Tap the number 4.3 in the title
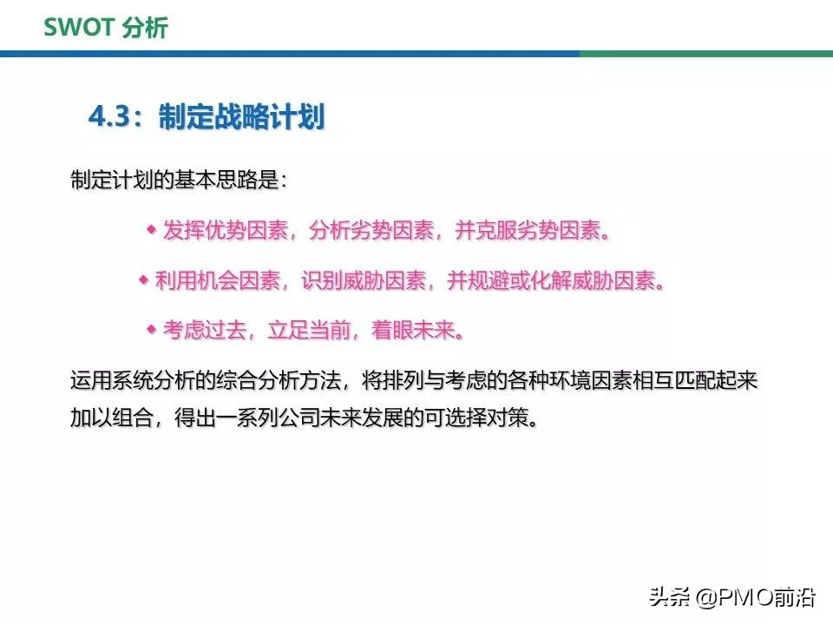(x=114, y=117)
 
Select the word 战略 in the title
(x=232, y=117)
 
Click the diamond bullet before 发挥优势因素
(x=150, y=229)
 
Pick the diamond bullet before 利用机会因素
(x=143, y=280)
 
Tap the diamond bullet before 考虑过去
(x=150, y=329)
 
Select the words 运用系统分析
(x=122, y=381)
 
